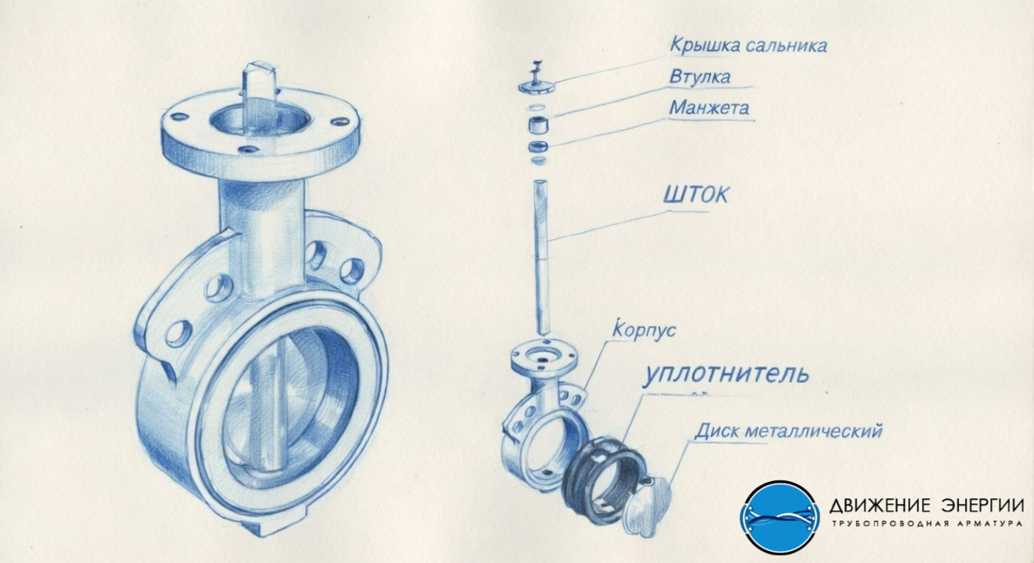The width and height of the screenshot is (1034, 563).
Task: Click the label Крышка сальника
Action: point(748,45)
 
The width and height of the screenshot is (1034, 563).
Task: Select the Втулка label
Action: point(700,76)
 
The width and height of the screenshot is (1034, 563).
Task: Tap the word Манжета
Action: point(709,108)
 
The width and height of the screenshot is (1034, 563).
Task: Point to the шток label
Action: point(695,195)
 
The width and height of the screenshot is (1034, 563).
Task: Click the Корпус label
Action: point(644,329)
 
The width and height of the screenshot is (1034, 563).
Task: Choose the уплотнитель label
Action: point(726,374)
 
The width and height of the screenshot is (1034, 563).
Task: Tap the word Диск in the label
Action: point(718,431)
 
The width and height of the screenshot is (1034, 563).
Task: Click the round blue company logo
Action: point(780,517)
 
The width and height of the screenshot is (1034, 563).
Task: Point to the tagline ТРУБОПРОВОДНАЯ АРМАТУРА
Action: point(927,523)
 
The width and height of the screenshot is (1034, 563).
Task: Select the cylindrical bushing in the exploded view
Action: point(539,125)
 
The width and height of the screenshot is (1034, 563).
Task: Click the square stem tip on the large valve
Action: point(259,88)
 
